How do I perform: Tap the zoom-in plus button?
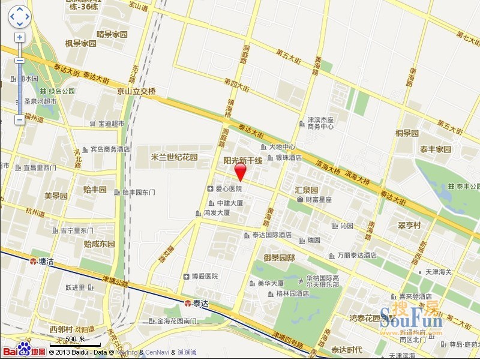pos(20,37)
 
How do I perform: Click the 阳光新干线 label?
pos(243,161)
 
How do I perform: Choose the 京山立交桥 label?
pos(136,91)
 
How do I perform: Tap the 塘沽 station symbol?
pos(34,261)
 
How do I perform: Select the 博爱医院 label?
pos(204,277)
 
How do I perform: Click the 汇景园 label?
pos(307,190)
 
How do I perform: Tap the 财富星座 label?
pos(319,199)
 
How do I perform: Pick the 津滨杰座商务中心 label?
pos(320,123)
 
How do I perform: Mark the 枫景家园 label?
pos(81,43)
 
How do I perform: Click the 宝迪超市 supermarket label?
pos(111,123)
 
